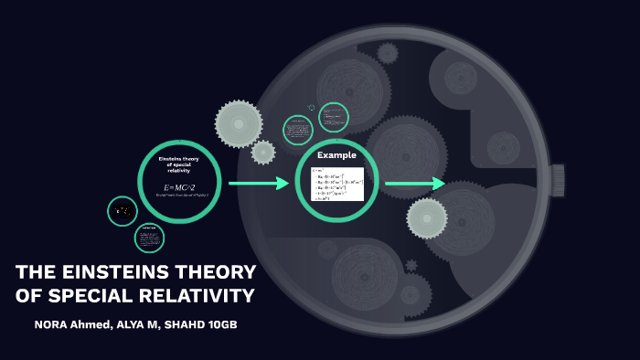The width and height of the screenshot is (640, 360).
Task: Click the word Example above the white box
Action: pos(337,155)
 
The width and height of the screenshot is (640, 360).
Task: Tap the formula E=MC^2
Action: pos(180,187)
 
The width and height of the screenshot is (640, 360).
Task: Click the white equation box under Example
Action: pos(337,184)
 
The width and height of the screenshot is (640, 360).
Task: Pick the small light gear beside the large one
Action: pos(263,152)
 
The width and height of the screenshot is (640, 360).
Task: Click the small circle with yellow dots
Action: pos(123,212)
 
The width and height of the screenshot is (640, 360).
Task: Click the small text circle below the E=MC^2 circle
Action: pos(148,238)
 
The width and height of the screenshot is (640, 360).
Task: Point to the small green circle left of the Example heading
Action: pos(298,130)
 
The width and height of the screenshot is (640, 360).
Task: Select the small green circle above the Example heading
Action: pos(334,118)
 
